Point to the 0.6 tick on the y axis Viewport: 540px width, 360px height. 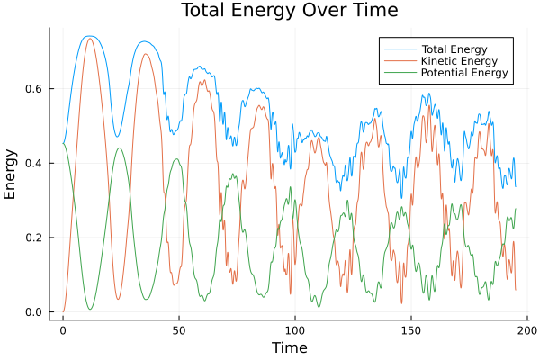coord(35,89)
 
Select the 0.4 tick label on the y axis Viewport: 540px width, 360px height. coord(35,164)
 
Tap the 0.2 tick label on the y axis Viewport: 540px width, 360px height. coord(35,238)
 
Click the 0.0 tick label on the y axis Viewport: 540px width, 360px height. coord(35,312)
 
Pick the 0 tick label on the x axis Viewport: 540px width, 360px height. coord(63,330)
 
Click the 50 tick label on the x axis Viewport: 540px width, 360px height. coord(178,330)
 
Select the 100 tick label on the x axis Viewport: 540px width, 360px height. coord(294,330)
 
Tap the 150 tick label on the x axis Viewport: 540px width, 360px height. coord(411,330)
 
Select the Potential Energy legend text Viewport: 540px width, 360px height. coord(465,73)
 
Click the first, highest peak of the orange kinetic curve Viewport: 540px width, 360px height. coord(89,39)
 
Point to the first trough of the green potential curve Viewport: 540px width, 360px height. coord(90,310)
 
